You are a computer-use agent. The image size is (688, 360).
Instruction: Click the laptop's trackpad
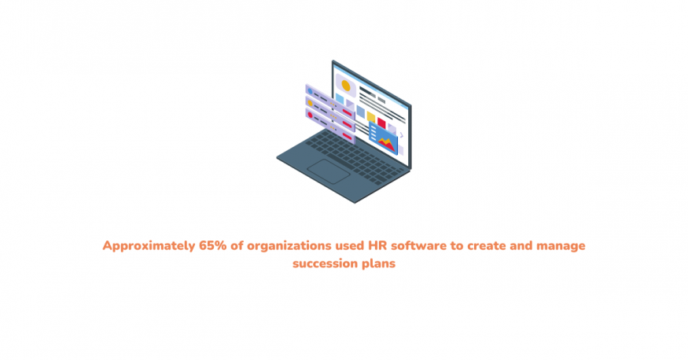[328, 171]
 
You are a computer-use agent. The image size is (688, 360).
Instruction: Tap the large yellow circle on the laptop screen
[346, 86]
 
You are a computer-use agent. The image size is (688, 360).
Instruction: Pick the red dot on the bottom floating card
[311, 116]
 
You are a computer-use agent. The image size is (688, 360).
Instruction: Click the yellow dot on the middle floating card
[311, 104]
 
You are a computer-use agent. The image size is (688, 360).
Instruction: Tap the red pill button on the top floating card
[347, 112]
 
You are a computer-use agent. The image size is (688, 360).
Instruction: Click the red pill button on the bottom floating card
[347, 136]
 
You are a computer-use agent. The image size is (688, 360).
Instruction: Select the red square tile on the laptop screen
[381, 123]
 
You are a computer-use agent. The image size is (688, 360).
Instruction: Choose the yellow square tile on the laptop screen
[371, 117]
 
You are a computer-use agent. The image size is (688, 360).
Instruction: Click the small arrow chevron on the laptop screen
[402, 135]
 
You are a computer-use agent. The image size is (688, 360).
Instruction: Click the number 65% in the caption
[213, 245]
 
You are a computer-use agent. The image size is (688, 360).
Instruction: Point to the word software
[418, 245]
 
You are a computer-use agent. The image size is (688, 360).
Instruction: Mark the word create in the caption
[486, 246]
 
